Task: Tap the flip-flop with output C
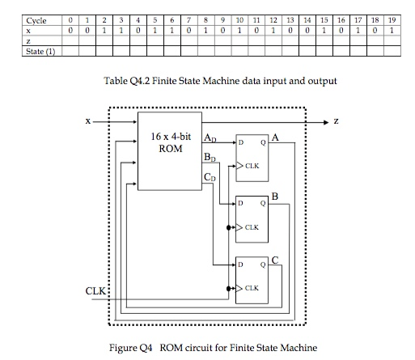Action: (x=253, y=280)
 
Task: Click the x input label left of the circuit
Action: (x=88, y=121)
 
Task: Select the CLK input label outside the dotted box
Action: (x=95, y=290)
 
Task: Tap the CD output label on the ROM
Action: (x=210, y=176)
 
